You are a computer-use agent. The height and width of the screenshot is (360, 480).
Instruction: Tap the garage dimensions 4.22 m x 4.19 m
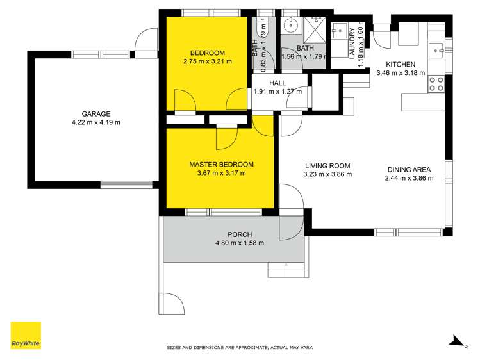tap(95, 122)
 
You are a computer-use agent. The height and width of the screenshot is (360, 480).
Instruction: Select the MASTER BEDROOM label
tap(221, 164)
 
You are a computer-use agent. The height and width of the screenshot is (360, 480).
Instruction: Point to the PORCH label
tap(239, 234)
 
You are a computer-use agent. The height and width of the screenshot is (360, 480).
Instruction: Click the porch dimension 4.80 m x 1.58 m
tap(239, 243)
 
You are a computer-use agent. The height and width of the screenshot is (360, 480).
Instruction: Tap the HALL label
tap(277, 83)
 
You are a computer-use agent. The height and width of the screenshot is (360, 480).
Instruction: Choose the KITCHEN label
tap(400, 65)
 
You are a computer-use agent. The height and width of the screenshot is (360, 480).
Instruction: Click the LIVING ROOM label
tap(327, 165)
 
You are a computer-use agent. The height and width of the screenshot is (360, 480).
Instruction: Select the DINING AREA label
tap(408, 170)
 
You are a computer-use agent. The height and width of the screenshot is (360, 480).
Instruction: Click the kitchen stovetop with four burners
tap(436, 83)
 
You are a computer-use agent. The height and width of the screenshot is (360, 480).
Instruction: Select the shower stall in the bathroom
tap(315, 28)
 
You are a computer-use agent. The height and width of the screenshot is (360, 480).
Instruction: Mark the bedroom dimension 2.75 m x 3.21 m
tap(206, 61)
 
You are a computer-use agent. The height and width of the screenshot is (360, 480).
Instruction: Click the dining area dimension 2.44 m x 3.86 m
tap(408, 179)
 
